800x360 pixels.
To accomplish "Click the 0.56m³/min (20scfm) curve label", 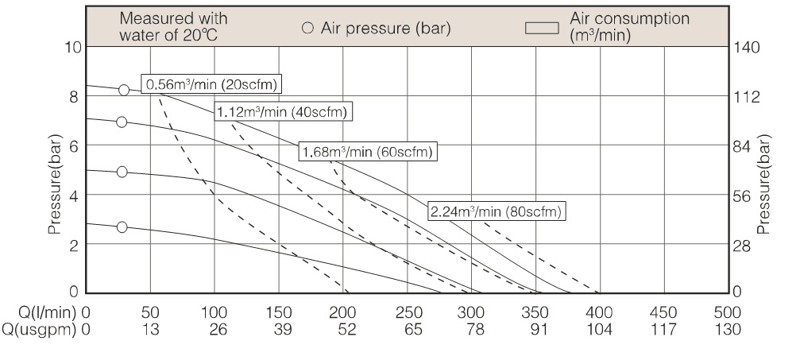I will [213, 83].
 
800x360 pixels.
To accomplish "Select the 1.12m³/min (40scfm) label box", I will [284, 112].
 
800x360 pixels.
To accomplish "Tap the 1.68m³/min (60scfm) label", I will [369, 151].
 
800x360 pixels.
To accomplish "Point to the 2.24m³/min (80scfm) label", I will [497, 211].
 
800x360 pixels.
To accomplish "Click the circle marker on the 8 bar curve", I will [124, 90].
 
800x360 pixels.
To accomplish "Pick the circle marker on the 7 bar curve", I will [122, 122].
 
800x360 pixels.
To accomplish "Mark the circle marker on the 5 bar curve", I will [122, 172].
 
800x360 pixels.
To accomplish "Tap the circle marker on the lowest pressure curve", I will [122, 227].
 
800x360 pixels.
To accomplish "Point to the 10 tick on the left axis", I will [72, 47].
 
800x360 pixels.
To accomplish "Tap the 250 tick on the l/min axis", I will [408, 312].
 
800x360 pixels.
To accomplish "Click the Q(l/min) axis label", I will [37, 312].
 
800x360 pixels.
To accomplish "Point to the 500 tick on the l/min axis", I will [729, 312].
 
